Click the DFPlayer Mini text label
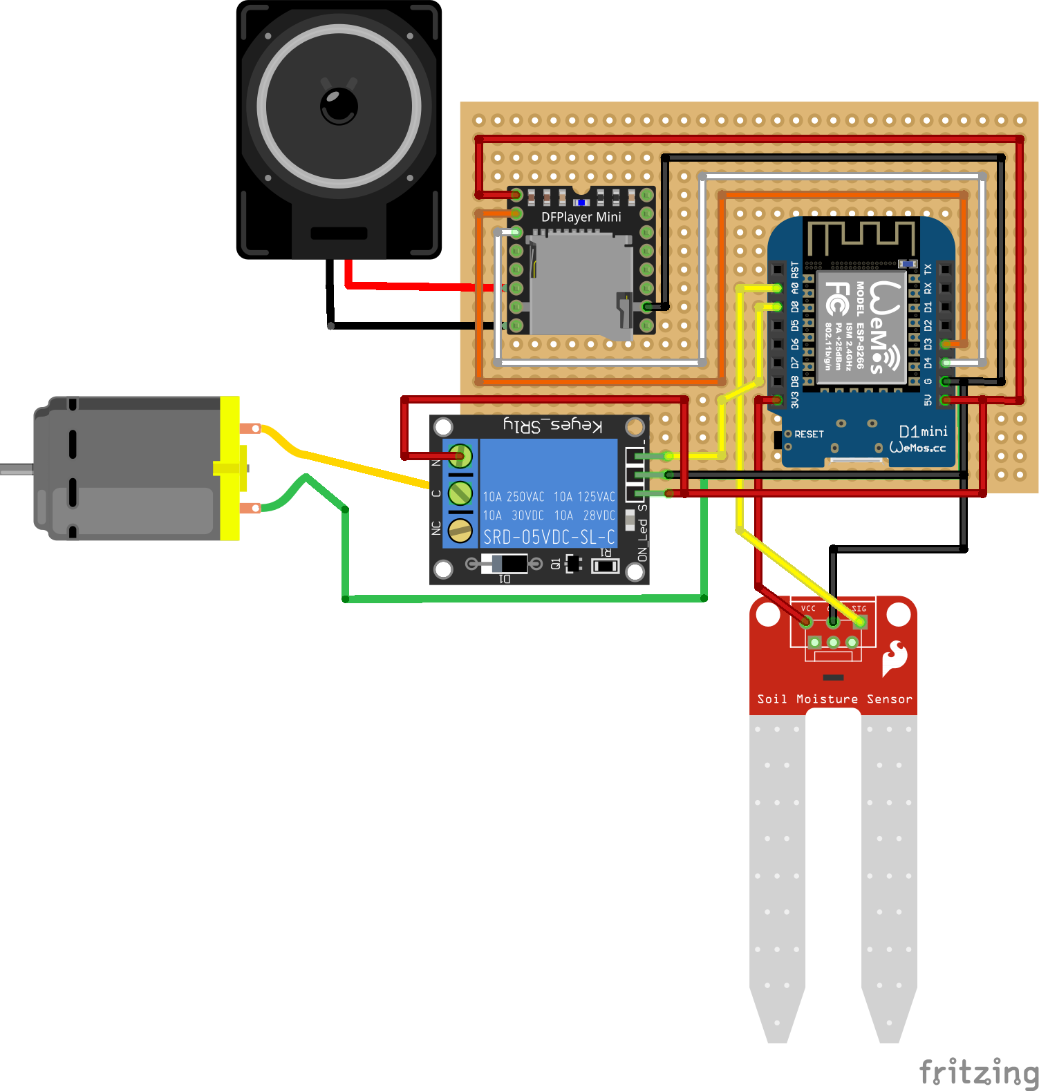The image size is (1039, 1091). pyautogui.click(x=581, y=217)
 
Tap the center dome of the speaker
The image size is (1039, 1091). pyautogui.click(x=339, y=106)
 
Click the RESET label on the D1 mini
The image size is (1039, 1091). pyautogui.click(x=809, y=434)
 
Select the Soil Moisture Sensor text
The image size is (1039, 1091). pyautogui.click(x=834, y=699)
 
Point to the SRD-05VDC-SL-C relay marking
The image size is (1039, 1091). pyautogui.click(x=549, y=537)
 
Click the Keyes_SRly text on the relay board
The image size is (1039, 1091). pyautogui.click(x=553, y=424)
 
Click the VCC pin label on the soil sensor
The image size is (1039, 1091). pyautogui.click(x=808, y=609)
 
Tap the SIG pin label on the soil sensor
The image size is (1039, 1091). pyautogui.click(x=859, y=609)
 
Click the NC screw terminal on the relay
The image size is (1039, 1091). pyautogui.click(x=460, y=530)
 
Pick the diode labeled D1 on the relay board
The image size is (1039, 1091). pyautogui.click(x=504, y=564)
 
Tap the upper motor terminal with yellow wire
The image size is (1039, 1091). pyautogui.click(x=250, y=428)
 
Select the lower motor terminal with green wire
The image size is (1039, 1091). pyautogui.click(x=250, y=509)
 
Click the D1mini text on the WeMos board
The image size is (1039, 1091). pyautogui.click(x=923, y=432)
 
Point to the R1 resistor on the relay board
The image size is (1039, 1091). pyautogui.click(x=605, y=566)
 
